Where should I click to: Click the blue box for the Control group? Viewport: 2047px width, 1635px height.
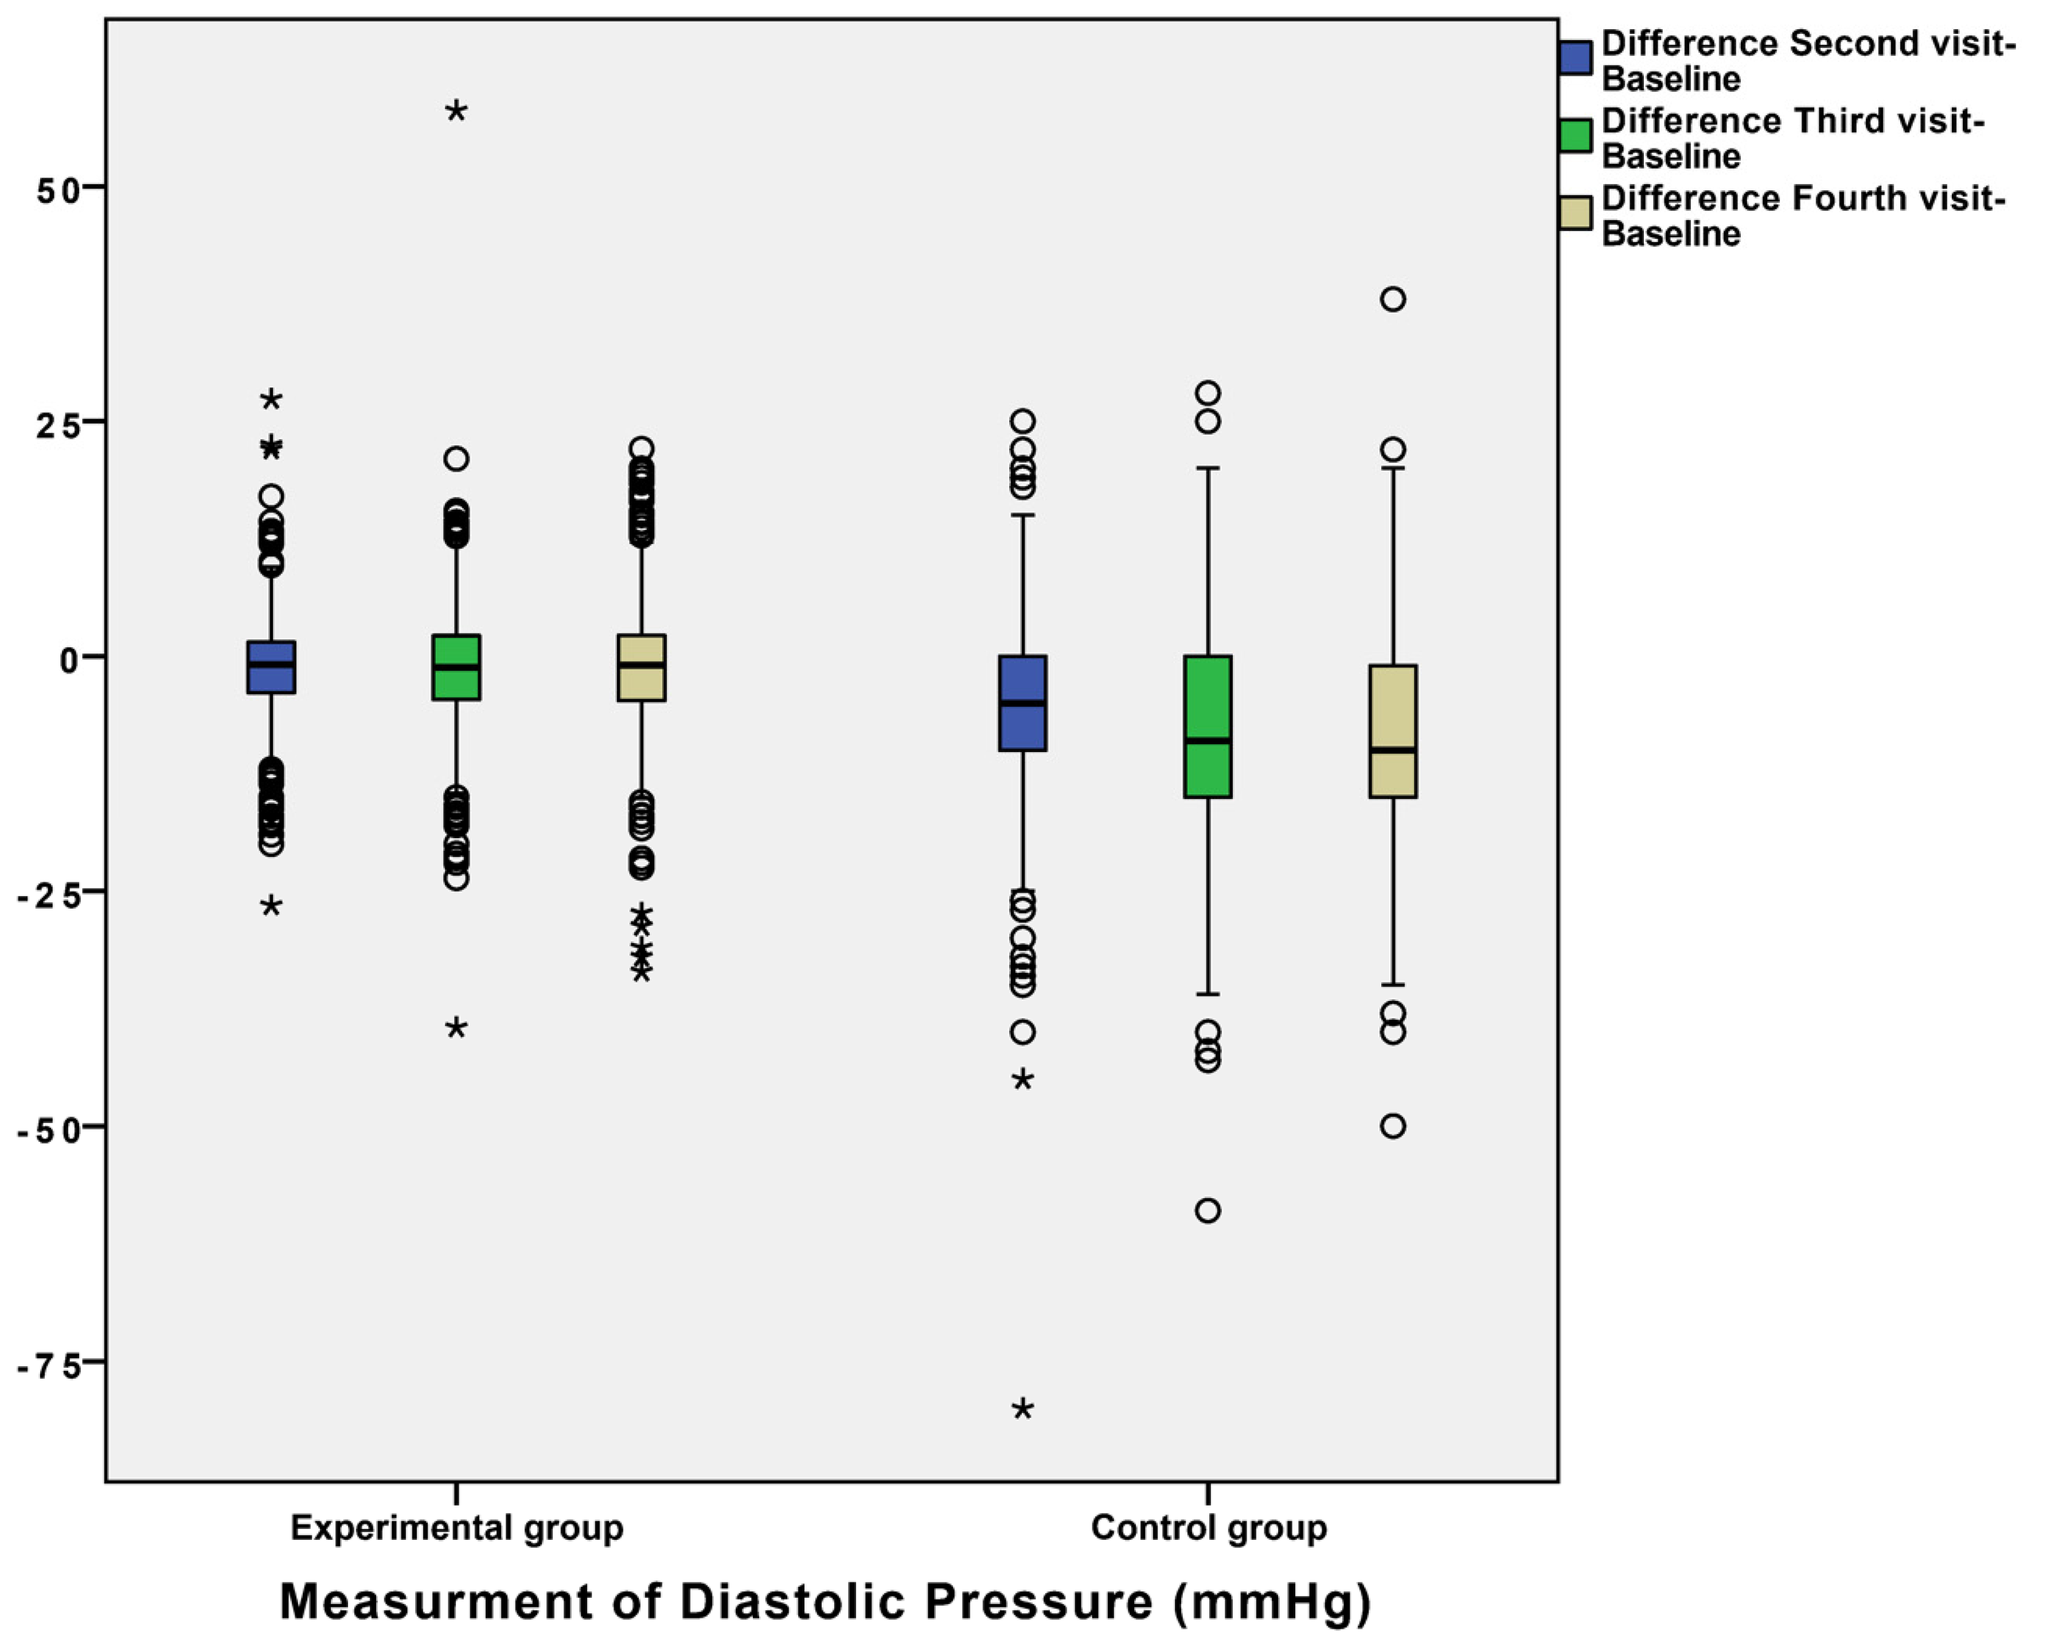coord(1022,703)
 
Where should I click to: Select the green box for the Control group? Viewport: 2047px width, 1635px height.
coord(1208,726)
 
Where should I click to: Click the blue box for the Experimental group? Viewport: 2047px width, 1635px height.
coord(272,667)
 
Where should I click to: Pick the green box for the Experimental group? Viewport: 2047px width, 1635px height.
coord(456,667)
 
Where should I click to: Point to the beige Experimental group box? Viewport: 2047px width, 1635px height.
coord(642,667)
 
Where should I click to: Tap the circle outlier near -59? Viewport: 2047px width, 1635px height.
coord(1208,1211)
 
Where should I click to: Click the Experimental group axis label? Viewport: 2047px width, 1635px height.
coord(456,1528)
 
